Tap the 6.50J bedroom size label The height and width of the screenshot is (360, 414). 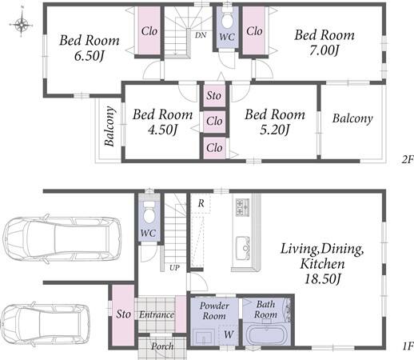[89, 56]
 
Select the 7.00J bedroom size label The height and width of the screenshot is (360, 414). [324, 50]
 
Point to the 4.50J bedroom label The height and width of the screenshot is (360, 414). [162, 130]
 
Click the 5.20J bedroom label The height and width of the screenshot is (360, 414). [275, 130]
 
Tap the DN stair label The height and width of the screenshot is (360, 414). [201, 35]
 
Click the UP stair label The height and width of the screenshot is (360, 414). [174, 267]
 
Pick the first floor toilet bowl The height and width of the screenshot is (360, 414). [149, 213]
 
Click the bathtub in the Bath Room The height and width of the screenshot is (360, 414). [267, 334]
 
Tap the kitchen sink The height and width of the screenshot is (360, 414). [243, 248]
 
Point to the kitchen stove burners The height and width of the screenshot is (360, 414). [242, 207]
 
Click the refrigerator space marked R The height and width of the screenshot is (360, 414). [201, 203]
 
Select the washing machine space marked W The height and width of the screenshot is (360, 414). [229, 334]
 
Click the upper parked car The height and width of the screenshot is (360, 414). [62, 239]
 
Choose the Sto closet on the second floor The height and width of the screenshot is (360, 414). [214, 95]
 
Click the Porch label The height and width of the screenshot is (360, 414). [162, 346]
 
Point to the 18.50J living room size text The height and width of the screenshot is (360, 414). [322, 279]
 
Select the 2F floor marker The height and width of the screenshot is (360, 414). [408, 159]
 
